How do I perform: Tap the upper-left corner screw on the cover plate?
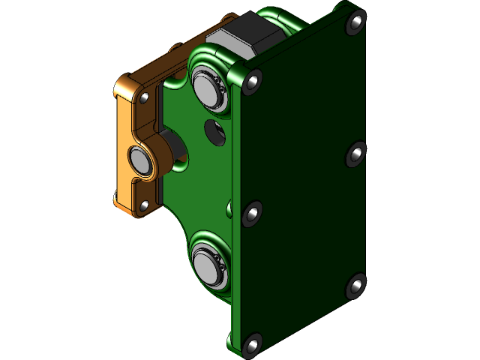[x=254, y=79]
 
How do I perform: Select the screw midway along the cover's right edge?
[x=355, y=154]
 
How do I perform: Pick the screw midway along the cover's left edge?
[x=252, y=215]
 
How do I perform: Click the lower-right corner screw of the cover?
[x=355, y=286]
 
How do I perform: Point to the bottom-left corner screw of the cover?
[x=250, y=345]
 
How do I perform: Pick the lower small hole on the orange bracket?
[x=143, y=205]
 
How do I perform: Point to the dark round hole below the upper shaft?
[x=216, y=131]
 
